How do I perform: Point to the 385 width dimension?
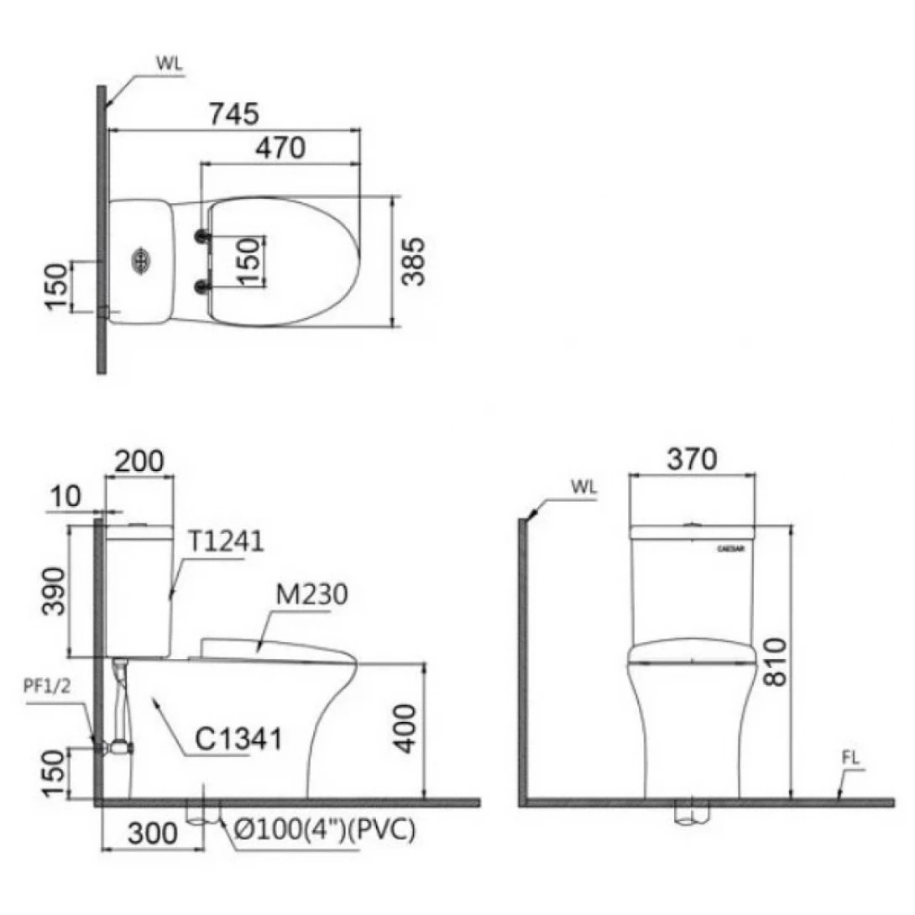tap(414, 261)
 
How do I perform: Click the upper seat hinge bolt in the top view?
tap(201, 238)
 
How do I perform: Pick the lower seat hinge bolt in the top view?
tap(201, 288)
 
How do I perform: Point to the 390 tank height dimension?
tap(54, 589)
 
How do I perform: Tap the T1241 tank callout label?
tap(225, 541)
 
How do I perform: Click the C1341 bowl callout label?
tap(238, 740)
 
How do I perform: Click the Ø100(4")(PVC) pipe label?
tap(326, 831)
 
